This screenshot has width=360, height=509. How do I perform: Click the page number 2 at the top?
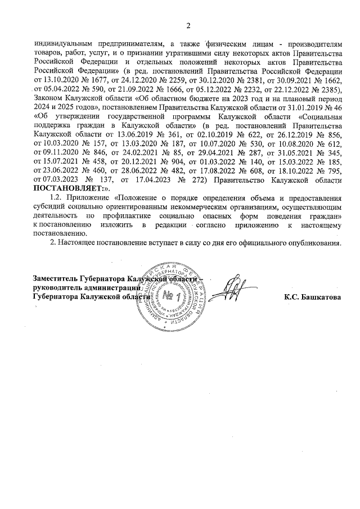pos(188,25)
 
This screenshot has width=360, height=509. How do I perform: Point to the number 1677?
pos(99,80)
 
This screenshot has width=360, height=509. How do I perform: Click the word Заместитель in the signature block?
pos(55,278)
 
